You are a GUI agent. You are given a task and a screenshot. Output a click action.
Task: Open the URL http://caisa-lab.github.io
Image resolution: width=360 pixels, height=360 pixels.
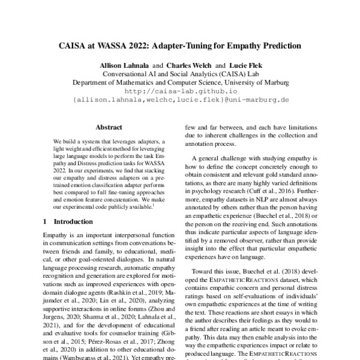click(x=180, y=92)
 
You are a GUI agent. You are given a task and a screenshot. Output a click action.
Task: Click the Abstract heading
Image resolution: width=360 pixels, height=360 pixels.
click(x=109, y=127)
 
